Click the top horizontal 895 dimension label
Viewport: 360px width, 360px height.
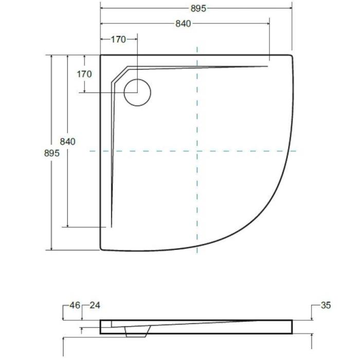(x=199, y=9)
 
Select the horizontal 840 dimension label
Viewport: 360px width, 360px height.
(x=183, y=24)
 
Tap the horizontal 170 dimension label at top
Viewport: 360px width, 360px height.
(x=118, y=40)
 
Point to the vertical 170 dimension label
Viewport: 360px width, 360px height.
(x=84, y=74)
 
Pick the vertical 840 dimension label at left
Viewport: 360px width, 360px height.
(x=67, y=141)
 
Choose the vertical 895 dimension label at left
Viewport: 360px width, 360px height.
(x=51, y=153)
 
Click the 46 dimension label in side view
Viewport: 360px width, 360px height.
(x=75, y=305)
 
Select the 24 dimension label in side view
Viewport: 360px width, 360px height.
(x=95, y=305)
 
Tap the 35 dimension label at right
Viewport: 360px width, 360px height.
(x=326, y=305)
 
